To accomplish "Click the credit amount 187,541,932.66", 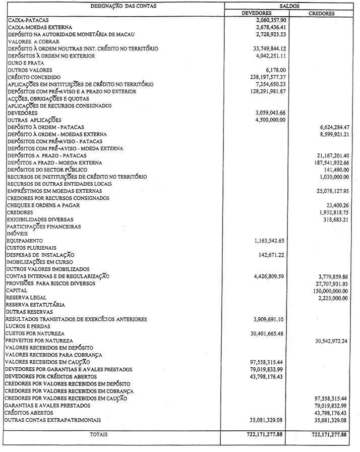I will (327, 162).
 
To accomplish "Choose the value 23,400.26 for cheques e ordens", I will (335, 205).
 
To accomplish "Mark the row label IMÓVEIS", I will (16, 234).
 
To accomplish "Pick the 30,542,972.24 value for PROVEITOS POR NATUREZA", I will (329, 341).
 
